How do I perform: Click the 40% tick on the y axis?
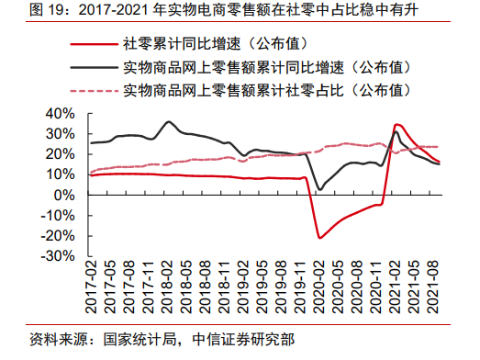(x=59, y=114)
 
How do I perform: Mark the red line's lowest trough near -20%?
(x=320, y=238)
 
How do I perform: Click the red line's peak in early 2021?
(x=396, y=124)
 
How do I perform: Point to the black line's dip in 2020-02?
(x=319, y=189)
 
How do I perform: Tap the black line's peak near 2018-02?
(x=168, y=121)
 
